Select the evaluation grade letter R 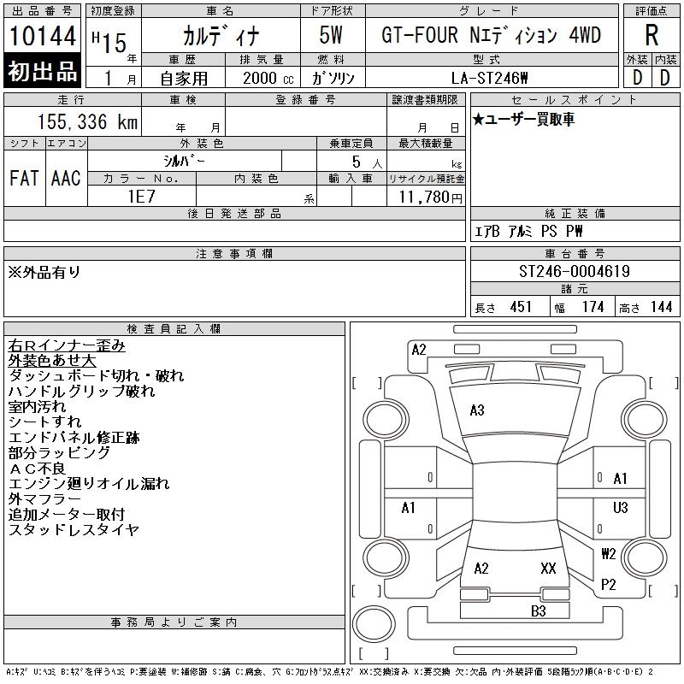tap(651, 35)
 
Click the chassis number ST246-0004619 tap(574, 272)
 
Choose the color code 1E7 tap(141, 196)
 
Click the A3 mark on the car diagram tap(477, 410)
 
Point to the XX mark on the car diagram tap(548, 568)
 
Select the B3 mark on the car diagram tap(538, 610)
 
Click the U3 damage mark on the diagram tap(621, 507)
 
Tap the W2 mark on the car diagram tap(608, 553)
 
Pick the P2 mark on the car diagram tap(608, 585)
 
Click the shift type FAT tap(24, 178)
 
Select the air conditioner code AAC tap(66, 178)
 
